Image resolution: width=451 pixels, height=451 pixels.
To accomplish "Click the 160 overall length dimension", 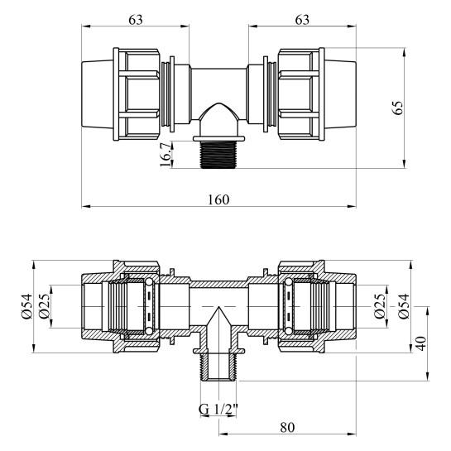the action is tap(218, 199).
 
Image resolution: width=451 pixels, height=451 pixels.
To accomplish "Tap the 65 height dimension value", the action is tap(399, 108).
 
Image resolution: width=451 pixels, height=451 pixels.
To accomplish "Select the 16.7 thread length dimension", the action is tap(166, 155).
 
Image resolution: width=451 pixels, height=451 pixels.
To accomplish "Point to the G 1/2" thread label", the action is tap(218, 409).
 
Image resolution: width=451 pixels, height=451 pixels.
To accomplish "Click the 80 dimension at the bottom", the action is tap(287, 428).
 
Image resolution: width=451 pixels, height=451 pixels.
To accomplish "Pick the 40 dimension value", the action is tap(421, 343).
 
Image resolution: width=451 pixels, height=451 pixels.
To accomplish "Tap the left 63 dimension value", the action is tap(136, 20).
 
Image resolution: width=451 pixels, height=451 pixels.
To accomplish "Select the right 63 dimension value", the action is tap(302, 20).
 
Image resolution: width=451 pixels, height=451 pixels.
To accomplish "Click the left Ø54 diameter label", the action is tap(26, 306).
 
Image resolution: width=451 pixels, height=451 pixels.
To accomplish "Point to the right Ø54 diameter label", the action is tap(404, 306).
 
